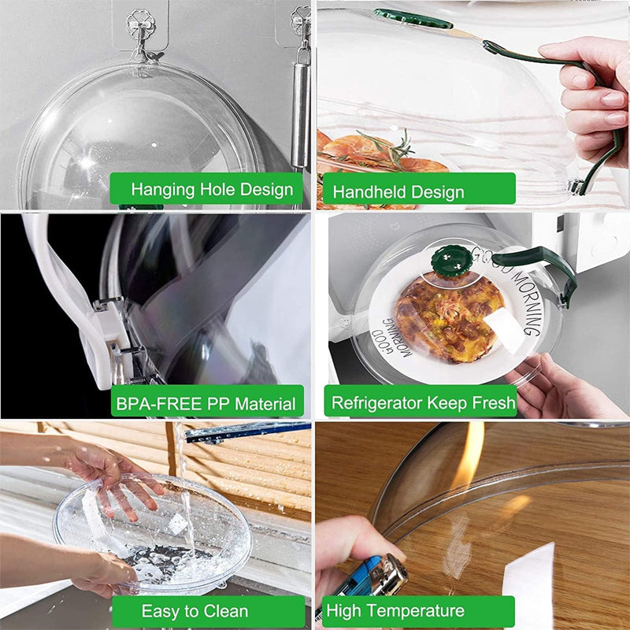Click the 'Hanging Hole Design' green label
(x=206, y=189)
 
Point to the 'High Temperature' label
(x=417, y=611)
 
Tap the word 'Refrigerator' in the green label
(x=377, y=402)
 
